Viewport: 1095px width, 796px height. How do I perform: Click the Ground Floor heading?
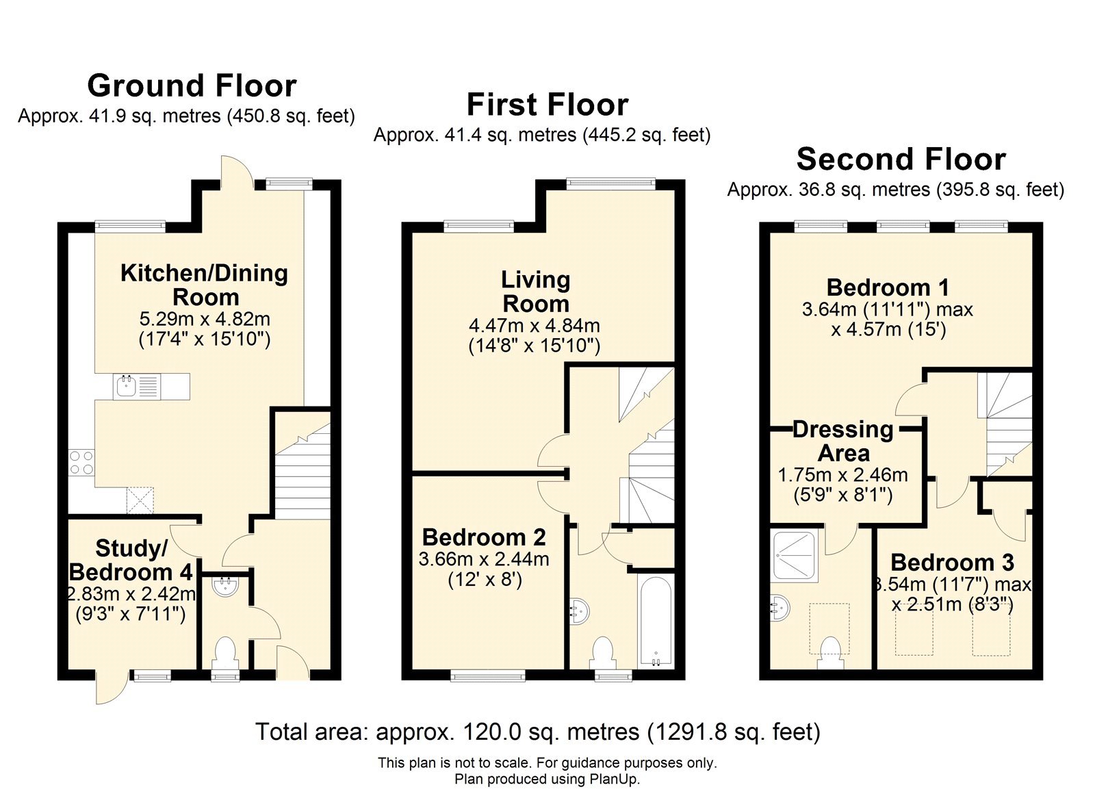pos(192,86)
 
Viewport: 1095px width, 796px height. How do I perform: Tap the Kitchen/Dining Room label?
pos(205,285)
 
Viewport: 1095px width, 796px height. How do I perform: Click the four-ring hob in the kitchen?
pos(81,462)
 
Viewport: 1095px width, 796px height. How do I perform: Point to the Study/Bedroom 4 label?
pos(131,560)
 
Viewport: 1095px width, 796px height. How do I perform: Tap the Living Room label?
pos(536,292)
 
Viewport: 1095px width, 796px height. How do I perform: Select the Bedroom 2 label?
pos(484,537)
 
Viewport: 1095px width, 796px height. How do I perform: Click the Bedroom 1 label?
pos(888,287)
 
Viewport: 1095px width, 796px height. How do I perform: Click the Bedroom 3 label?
pos(952,563)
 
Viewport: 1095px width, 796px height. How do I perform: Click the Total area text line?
pos(538,732)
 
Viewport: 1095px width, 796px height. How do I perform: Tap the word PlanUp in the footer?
pos(614,779)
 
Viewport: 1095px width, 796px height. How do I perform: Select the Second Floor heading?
pos(901,159)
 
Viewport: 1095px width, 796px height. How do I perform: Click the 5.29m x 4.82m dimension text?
pos(205,319)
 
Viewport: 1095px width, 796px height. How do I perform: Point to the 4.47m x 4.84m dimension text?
pos(534,326)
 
